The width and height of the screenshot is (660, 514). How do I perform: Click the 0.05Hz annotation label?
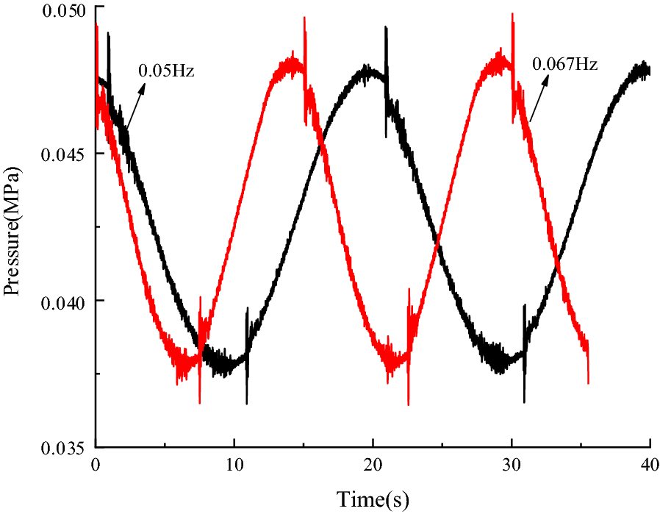coord(165,71)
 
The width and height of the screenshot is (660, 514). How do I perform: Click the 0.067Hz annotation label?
coord(564,63)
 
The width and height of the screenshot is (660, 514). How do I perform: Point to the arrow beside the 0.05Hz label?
coord(131,107)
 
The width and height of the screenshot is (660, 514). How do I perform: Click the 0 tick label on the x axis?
coord(96,465)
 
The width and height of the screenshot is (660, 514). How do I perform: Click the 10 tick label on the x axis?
coord(234,465)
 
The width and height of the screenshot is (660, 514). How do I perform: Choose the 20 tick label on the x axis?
coord(373,465)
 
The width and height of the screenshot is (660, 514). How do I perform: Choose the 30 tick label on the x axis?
coord(512,465)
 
